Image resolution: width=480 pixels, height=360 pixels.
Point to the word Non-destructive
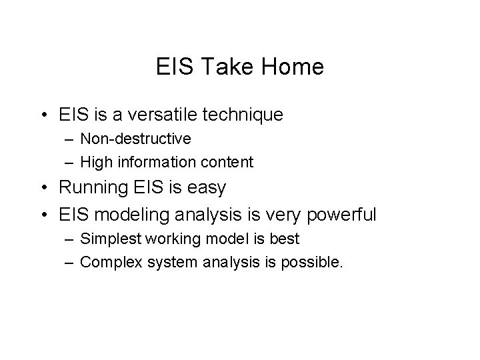135,139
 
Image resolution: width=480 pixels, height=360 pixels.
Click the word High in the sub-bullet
95,161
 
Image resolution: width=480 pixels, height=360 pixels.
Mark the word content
229,161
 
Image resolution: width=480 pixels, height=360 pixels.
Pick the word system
163,262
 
